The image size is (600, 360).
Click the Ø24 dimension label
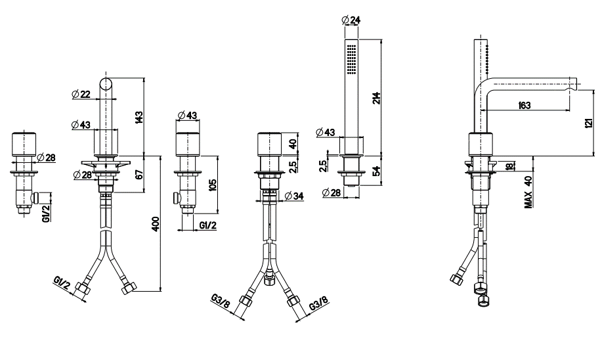[x=350, y=19]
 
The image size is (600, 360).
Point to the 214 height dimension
[x=377, y=99]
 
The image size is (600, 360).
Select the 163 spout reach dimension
[x=525, y=105]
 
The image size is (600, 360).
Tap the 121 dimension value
[x=589, y=123]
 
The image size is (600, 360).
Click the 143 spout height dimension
[x=139, y=116]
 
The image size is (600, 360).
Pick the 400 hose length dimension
[x=155, y=223]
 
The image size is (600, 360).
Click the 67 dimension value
[x=139, y=174]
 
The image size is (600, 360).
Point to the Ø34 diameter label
[x=294, y=196]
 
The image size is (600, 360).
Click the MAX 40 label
[x=528, y=192]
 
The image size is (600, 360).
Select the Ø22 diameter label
[x=81, y=93]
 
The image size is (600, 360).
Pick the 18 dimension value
[x=509, y=166]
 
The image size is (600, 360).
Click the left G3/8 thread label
[x=221, y=301]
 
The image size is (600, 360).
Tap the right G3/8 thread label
[x=318, y=303]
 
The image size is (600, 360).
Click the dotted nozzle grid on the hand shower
[x=352, y=58]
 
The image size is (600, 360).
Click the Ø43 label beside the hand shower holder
[x=326, y=132]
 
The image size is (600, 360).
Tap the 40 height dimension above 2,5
[x=293, y=144]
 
